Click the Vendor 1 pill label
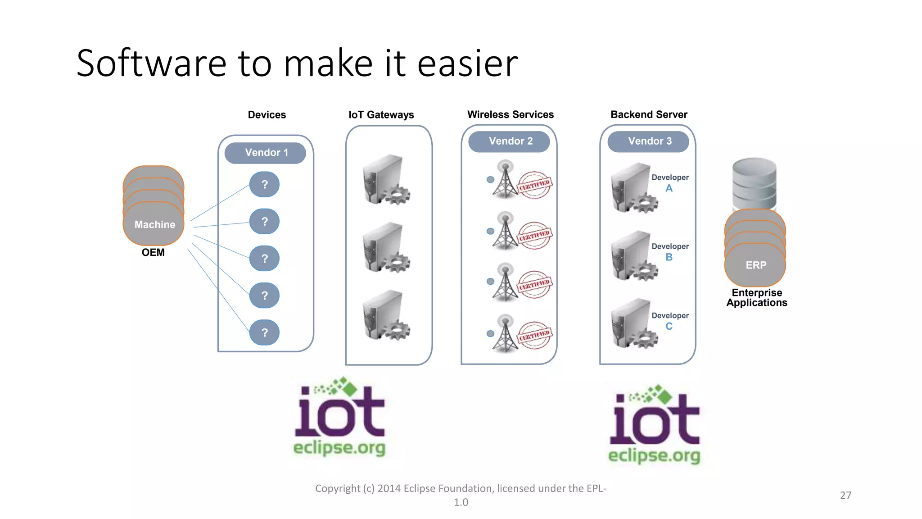(x=266, y=153)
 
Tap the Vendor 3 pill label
(x=649, y=141)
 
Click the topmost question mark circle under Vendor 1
(x=265, y=185)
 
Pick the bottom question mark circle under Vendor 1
(x=265, y=333)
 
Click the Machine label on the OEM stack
(x=154, y=224)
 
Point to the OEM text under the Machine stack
(x=153, y=253)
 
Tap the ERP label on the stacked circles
(x=755, y=265)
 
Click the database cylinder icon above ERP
(x=754, y=182)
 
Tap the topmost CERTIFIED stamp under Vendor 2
(x=534, y=185)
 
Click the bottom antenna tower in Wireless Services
(x=505, y=334)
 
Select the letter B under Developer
(x=669, y=257)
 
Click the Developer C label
(x=670, y=320)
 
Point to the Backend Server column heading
(x=649, y=114)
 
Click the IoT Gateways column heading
(x=381, y=115)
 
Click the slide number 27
(x=845, y=495)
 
